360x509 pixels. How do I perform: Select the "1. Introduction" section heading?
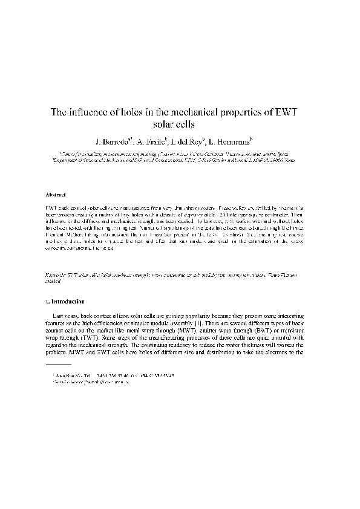point(65,301)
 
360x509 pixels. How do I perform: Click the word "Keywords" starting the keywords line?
point(57,274)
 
